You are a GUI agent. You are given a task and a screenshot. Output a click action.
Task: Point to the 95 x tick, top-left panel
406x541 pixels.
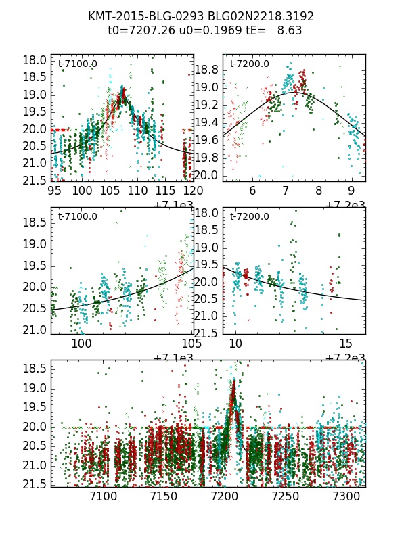tap(55, 191)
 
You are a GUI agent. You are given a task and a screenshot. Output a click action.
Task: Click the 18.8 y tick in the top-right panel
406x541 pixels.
tap(208, 70)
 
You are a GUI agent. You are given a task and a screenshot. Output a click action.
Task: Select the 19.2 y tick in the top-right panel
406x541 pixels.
tap(208, 105)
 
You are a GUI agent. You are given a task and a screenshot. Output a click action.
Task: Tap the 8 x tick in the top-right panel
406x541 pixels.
tap(318, 191)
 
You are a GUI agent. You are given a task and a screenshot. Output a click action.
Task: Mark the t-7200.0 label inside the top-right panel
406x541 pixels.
tap(249, 64)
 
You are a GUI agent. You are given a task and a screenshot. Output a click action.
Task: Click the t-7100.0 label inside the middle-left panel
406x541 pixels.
tap(77, 217)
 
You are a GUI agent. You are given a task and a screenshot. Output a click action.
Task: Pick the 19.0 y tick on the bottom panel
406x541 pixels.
tap(39, 388)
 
